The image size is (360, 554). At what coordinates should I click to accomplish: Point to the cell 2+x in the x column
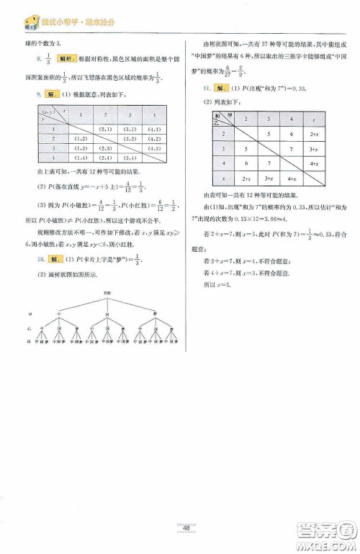tap(314, 133)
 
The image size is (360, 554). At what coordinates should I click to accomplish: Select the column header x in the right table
tap(314, 118)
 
